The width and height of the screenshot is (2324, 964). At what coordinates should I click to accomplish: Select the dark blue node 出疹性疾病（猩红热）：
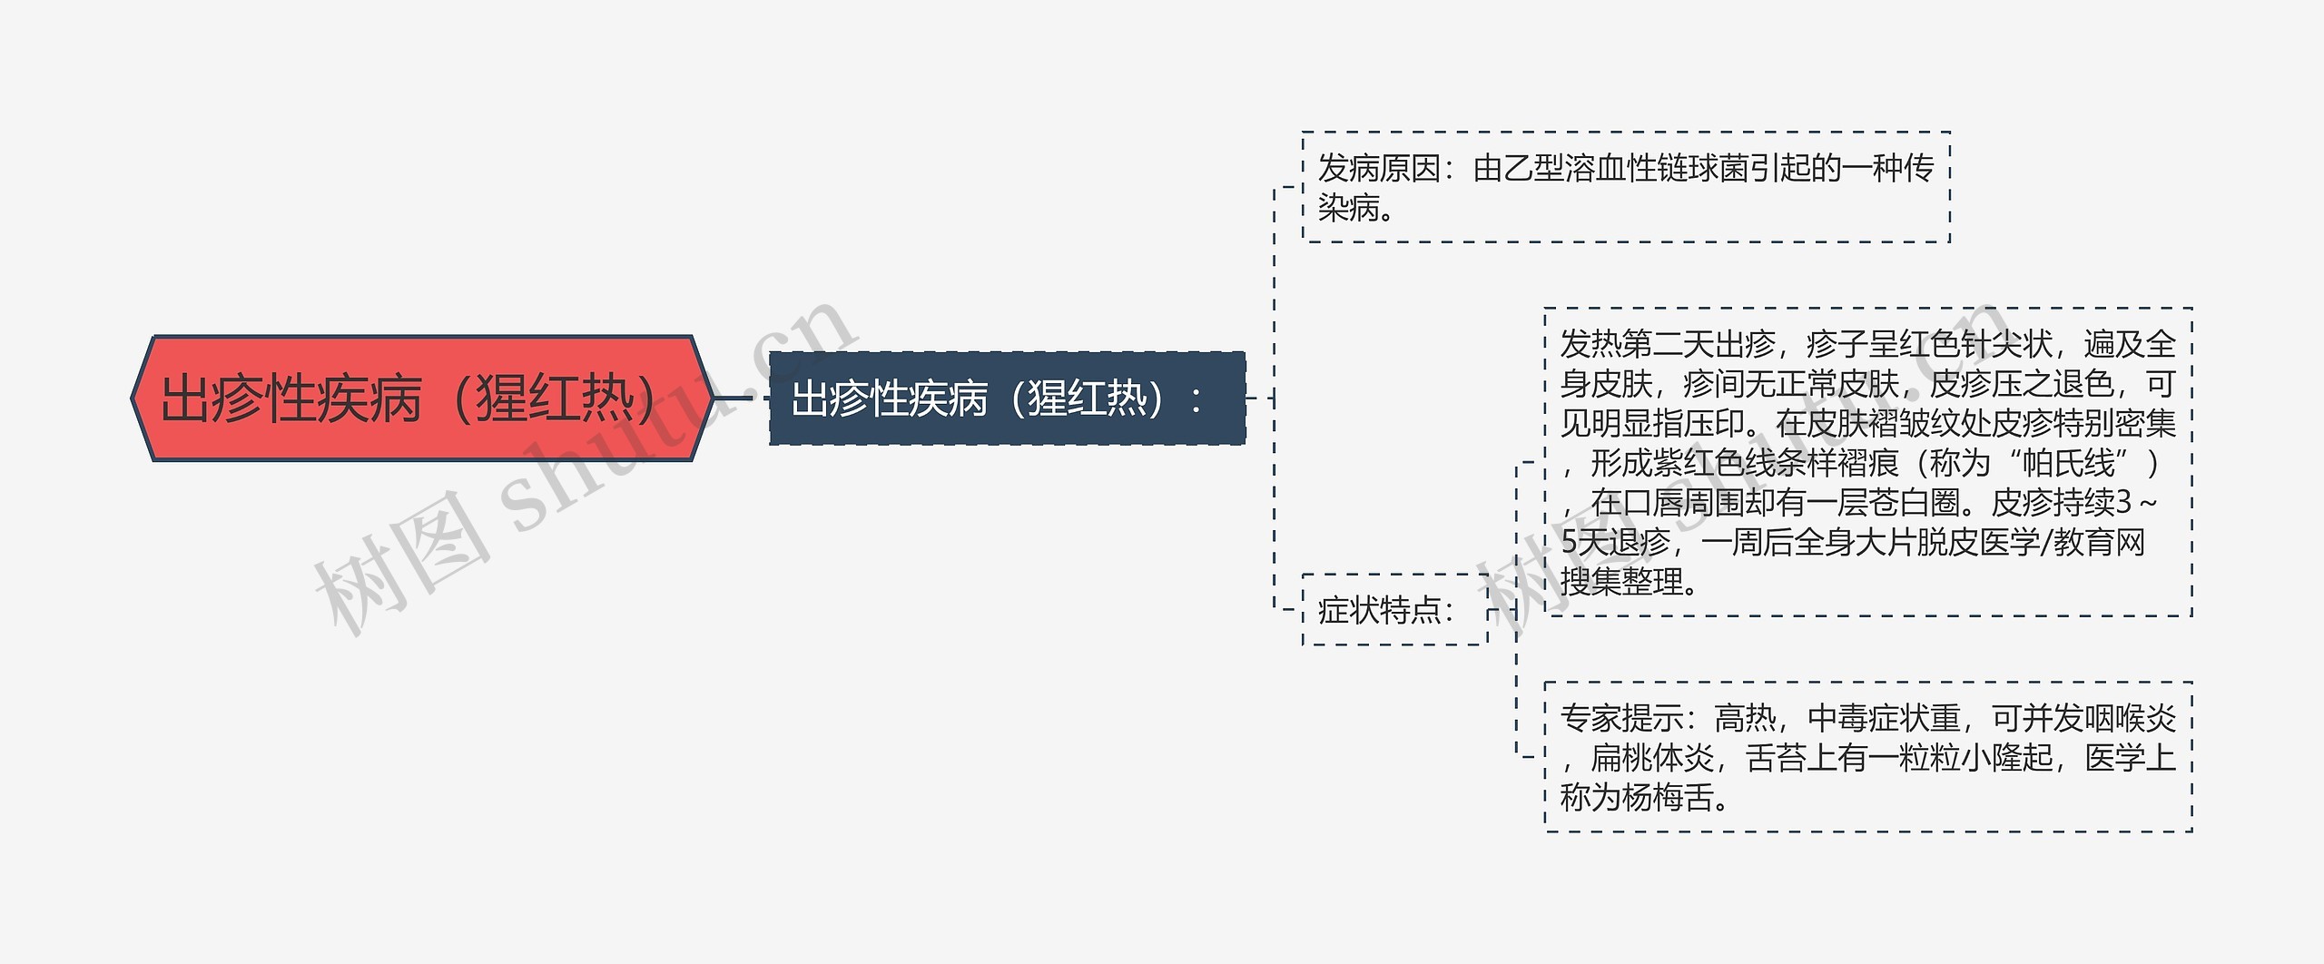(1006, 398)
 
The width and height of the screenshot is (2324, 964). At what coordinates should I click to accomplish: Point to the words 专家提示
(1621, 719)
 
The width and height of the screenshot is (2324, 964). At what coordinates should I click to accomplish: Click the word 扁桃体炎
(1652, 758)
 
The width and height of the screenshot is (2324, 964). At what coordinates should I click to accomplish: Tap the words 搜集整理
(1621, 582)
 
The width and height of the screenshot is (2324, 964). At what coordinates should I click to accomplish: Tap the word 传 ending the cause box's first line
(1919, 169)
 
